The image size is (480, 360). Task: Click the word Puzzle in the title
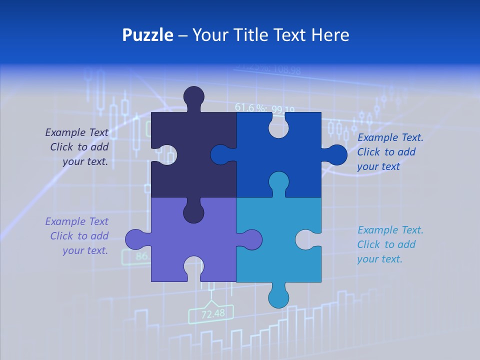(x=147, y=35)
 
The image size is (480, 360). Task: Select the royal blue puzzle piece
(x=295, y=150)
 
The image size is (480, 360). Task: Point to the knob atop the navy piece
(x=193, y=97)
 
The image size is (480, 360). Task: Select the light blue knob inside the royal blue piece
(x=278, y=182)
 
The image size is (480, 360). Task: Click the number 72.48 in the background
(x=212, y=314)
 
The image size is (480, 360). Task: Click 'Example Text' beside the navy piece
(x=76, y=132)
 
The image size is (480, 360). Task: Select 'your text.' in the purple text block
(x=85, y=250)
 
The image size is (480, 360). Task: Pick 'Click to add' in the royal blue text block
(x=386, y=152)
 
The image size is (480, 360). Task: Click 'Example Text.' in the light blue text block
(x=390, y=230)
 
